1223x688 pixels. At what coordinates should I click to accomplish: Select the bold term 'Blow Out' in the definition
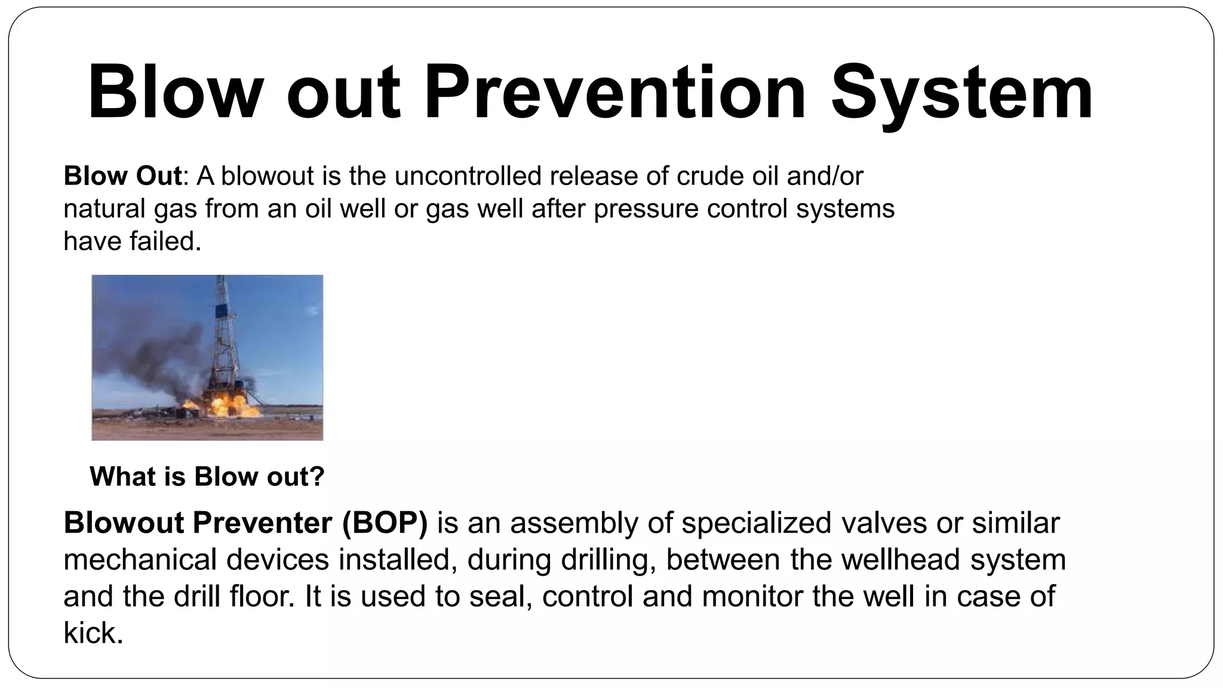click(122, 176)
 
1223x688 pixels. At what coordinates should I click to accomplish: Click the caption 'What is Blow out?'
click(207, 477)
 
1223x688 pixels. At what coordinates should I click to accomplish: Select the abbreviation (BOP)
click(385, 523)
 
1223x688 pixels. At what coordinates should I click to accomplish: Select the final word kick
click(93, 633)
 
